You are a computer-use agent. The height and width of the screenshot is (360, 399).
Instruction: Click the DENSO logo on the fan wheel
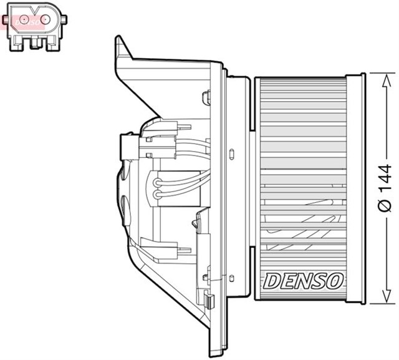303,281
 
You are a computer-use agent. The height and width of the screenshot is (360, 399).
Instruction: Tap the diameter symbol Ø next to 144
385,207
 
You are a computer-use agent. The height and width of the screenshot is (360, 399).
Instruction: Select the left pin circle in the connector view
23,21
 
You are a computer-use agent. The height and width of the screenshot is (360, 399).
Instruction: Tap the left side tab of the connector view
7,21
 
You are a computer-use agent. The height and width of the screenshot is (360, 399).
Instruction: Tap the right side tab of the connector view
64,21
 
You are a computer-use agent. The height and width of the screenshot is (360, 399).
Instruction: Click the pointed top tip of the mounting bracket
118,39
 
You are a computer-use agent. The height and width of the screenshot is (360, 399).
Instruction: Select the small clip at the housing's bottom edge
209,303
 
